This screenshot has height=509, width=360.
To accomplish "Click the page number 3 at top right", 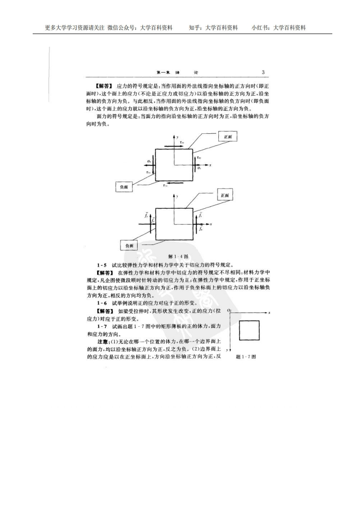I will [263, 72].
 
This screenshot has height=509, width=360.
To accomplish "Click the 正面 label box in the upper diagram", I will [227, 136].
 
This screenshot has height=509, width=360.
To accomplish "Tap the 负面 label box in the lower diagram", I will [129, 245].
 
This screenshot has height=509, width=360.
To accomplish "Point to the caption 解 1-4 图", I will [178, 256].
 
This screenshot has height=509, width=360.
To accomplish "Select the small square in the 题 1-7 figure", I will [249, 330].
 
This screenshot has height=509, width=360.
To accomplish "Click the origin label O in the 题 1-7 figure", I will [229, 310].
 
